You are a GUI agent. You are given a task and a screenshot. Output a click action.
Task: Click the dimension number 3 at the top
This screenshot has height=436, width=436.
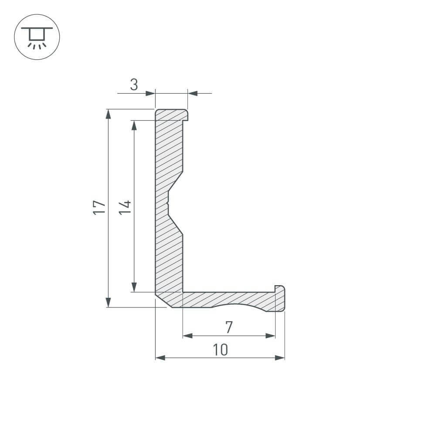[134, 85]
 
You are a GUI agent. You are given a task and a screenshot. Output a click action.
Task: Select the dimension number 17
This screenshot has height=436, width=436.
[99, 208]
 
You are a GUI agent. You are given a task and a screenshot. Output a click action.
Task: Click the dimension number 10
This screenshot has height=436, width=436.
[221, 349]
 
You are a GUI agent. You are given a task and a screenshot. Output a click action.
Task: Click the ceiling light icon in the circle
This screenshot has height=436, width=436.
[37, 37]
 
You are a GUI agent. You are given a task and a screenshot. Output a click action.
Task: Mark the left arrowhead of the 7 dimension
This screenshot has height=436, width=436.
[187, 336]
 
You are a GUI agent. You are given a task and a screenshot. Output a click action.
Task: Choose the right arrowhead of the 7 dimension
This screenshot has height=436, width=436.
[271, 336]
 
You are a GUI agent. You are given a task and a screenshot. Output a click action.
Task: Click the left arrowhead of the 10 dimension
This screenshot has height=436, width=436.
[160, 358]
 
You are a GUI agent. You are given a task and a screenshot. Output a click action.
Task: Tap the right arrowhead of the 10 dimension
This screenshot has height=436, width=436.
[280, 358]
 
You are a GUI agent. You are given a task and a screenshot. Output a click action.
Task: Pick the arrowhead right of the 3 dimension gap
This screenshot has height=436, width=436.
[193, 93]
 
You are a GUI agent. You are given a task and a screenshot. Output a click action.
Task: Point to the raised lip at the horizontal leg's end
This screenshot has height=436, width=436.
[280, 289]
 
